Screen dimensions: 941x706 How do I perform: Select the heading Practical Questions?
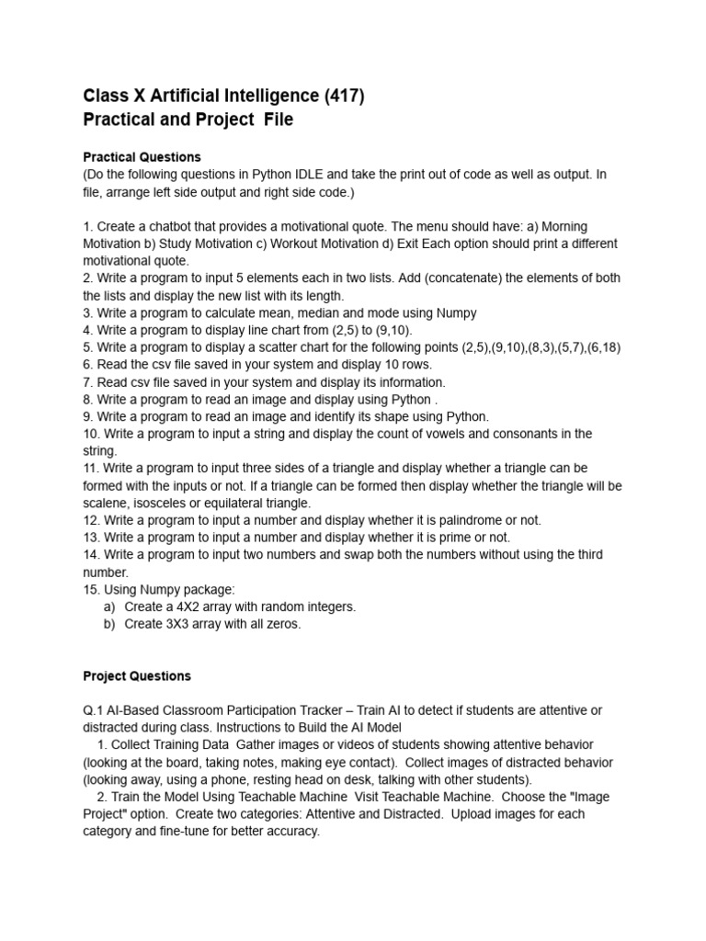(x=142, y=157)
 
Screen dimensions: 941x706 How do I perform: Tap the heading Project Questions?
(x=137, y=675)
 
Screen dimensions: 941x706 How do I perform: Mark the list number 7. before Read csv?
(x=88, y=382)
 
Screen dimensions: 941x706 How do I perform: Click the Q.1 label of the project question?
(x=95, y=710)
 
